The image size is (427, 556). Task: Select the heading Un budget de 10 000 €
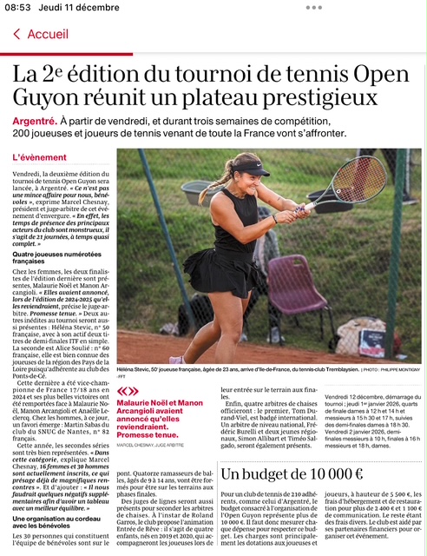click(x=292, y=473)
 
